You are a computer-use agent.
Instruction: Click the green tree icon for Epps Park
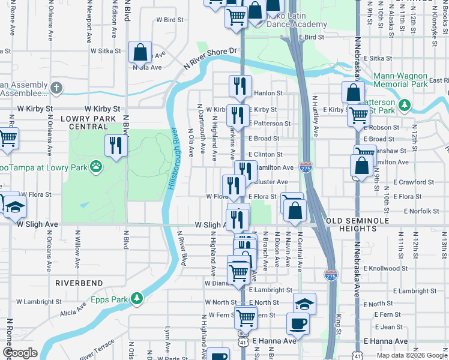(x=137, y=298)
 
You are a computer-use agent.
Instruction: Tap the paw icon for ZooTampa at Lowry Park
(x=95, y=166)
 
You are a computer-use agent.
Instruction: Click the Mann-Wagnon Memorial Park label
(x=400, y=80)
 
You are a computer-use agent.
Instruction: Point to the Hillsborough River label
(x=172, y=160)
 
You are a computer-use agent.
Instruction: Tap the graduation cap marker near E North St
(x=304, y=303)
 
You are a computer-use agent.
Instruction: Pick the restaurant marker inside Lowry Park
(x=115, y=145)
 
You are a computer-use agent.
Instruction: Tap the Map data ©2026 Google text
(x=412, y=355)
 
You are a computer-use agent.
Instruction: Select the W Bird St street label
(x=170, y=20)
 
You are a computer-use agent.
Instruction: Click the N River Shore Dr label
(x=211, y=57)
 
